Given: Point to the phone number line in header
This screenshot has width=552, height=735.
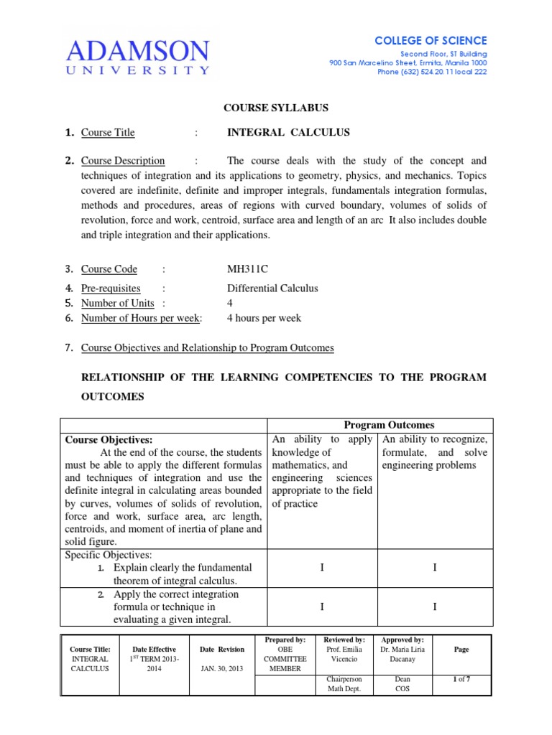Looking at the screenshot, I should point(432,72).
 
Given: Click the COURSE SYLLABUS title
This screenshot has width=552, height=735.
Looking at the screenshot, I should point(275,108).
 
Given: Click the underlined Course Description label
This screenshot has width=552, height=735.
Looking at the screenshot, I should point(123,161).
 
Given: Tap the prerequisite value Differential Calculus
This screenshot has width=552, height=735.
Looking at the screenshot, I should point(272,289).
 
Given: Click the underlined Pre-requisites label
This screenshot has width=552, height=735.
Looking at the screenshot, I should point(111,289).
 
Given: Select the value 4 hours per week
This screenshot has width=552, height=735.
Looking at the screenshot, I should point(264,318).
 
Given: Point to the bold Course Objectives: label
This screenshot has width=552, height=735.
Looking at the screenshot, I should point(109,439).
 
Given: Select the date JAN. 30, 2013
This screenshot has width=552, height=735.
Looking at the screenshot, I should point(222,668).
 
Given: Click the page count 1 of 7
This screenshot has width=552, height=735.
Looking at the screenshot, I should point(461,678).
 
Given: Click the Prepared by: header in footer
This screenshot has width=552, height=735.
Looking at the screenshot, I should point(285,640).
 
